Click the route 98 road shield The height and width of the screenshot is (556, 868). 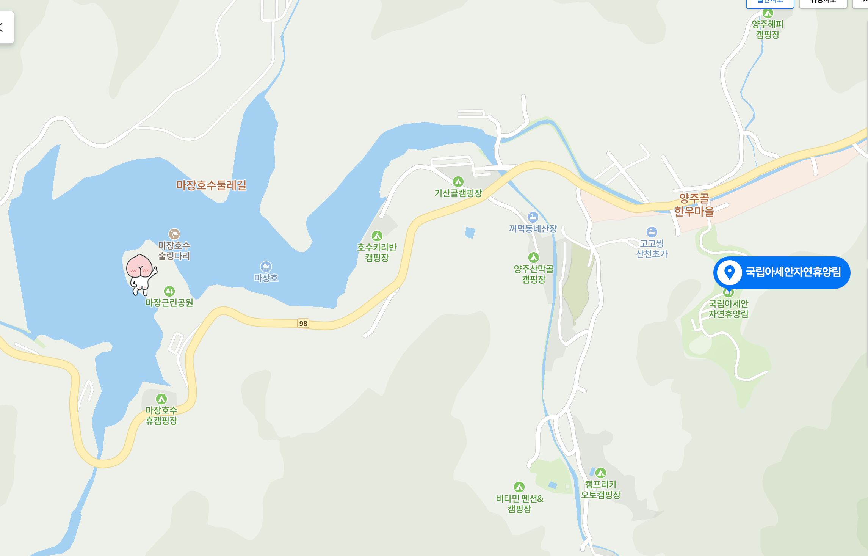tap(303, 324)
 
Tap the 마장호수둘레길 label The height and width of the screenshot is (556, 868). tap(211, 185)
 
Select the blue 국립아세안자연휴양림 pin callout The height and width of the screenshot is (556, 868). tap(782, 272)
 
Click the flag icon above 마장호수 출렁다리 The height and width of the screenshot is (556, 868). tap(174, 234)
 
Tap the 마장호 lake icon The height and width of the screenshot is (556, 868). tap(266, 266)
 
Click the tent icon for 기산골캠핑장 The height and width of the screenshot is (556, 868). tap(458, 182)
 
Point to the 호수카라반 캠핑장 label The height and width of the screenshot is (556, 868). tap(377, 253)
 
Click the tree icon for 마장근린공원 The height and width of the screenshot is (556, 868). tap(169, 291)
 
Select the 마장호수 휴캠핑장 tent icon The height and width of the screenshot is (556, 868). tap(161, 399)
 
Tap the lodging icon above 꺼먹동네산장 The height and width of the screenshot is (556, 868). tap(533, 217)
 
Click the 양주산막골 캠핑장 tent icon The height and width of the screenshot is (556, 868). tap(534, 258)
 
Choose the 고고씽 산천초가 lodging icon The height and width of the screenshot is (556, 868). tap(652, 232)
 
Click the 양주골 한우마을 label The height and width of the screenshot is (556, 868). tap(694, 205)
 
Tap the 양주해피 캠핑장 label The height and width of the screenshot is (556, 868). tap(768, 30)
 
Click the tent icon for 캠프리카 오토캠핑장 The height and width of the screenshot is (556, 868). tap(601, 473)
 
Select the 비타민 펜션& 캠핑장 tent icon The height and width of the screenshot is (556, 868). tap(519, 487)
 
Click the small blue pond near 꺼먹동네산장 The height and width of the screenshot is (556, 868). tap(470, 232)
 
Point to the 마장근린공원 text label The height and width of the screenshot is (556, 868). tap(169, 303)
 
